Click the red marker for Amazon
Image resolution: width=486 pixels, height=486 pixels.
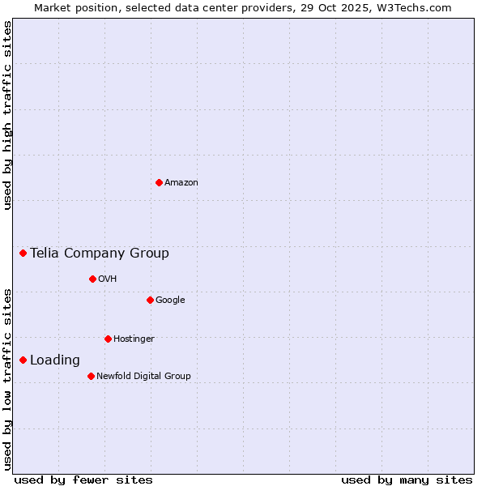click(x=159, y=182)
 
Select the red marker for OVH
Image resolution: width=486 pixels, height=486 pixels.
click(x=92, y=279)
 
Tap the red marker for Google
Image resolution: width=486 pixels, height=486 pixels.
click(x=150, y=300)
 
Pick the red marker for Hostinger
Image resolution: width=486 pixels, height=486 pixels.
click(x=108, y=339)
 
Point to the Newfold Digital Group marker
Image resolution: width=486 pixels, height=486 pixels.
click(x=91, y=376)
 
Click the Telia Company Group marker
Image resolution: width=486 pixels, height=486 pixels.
click(x=23, y=253)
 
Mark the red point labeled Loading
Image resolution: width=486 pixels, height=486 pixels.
click(x=23, y=360)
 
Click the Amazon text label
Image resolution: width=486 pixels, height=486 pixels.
click(x=181, y=183)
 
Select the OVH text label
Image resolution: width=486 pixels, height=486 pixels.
click(x=108, y=279)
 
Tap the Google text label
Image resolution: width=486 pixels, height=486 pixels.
click(x=170, y=301)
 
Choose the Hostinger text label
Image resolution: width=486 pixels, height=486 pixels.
click(x=134, y=339)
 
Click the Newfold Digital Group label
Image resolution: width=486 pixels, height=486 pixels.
click(x=143, y=376)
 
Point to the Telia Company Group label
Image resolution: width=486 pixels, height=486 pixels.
click(x=100, y=254)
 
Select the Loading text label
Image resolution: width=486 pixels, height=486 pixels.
click(x=55, y=360)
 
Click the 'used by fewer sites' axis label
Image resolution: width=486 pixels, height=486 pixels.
click(x=83, y=480)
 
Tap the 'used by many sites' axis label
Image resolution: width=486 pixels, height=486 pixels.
click(x=407, y=480)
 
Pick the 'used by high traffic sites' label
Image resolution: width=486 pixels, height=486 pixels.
click(x=8, y=116)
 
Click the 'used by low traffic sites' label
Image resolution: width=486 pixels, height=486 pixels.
click(x=8, y=379)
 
